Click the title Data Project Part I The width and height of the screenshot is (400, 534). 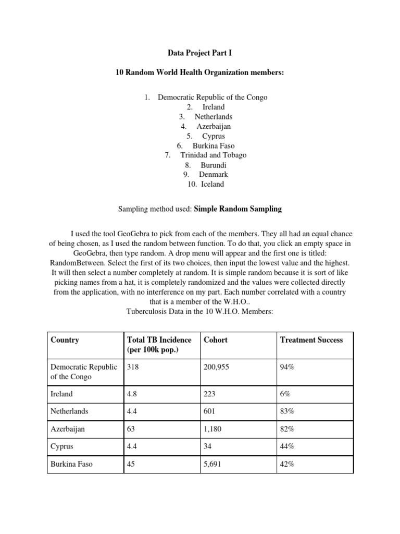click(199, 53)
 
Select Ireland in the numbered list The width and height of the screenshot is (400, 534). click(214, 107)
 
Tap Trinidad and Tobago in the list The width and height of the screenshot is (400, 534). click(214, 155)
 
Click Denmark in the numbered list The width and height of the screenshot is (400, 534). click(213, 174)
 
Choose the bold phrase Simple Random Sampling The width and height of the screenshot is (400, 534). click(238, 209)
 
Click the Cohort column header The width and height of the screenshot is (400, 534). click(216, 340)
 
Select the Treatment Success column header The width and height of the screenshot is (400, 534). click(311, 340)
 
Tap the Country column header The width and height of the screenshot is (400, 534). click(65, 340)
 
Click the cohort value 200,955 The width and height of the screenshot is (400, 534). click(217, 367)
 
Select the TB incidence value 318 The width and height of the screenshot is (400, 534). click(133, 367)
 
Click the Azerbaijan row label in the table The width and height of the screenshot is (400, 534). click(68, 429)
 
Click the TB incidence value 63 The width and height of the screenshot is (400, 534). click(131, 429)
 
